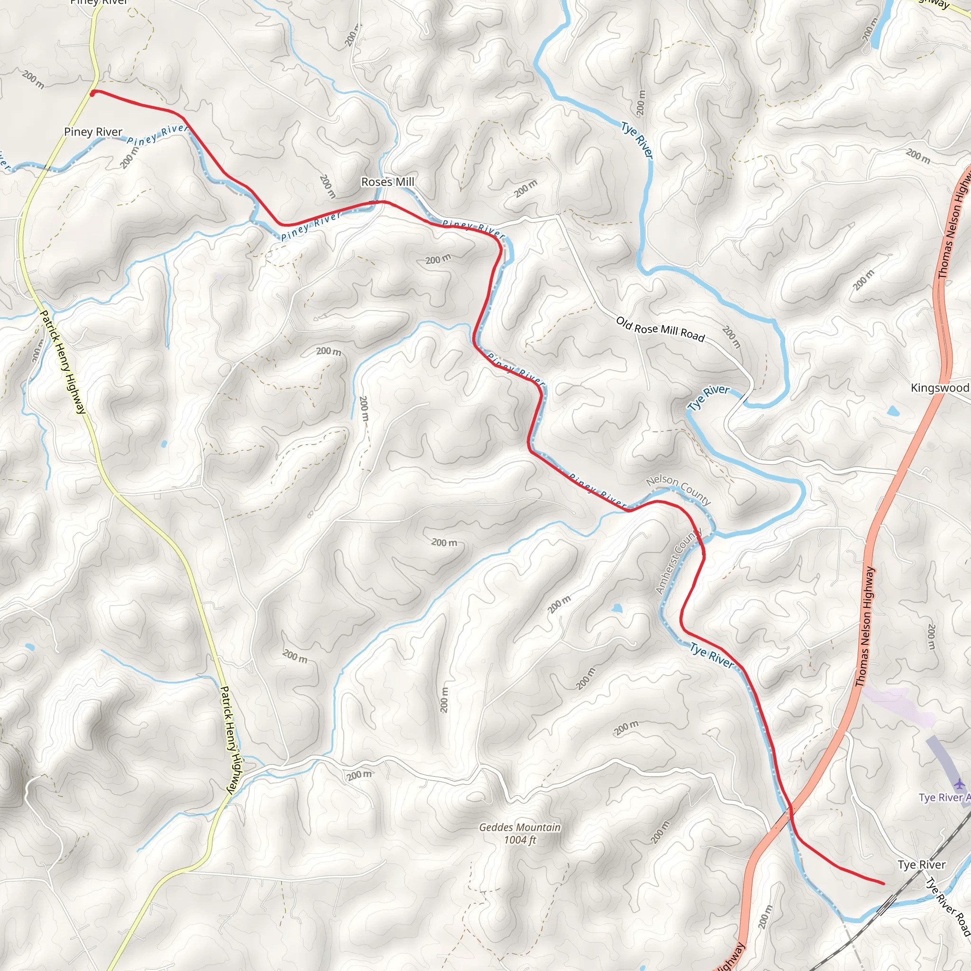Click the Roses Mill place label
click(387, 182)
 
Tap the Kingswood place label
click(939, 387)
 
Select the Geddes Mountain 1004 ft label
click(520, 834)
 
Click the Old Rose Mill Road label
click(660, 329)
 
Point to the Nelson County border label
click(678, 489)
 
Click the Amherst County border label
click(678, 561)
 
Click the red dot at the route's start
click(93, 92)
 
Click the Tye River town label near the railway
click(921, 864)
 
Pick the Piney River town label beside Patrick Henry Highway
click(93, 132)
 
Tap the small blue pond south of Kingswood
click(893, 411)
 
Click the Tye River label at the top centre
click(637, 141)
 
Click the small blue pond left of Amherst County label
click(617, 609)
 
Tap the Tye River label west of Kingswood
click(708, 397)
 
